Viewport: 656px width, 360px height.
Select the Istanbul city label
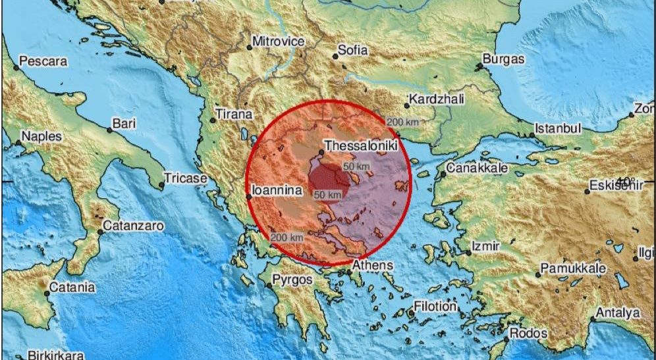tap(558, 128)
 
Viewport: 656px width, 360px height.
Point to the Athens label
tap(372, 265)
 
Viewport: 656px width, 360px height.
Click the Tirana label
tap(234, 115)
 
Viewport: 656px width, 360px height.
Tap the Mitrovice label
tap(279, 41)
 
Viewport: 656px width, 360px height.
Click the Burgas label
tap(503, 59)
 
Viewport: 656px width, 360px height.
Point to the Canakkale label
tap(478, 168)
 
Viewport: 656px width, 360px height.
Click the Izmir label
tap(486, 245)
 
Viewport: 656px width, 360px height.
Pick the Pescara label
tap(43, 62)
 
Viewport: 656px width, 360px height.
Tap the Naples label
tap(41, 136)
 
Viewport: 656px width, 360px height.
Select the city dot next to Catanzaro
tap(101, 232)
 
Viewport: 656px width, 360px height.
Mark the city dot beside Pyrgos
tap(269, 286)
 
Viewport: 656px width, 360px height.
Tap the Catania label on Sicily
tap(72, 287)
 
